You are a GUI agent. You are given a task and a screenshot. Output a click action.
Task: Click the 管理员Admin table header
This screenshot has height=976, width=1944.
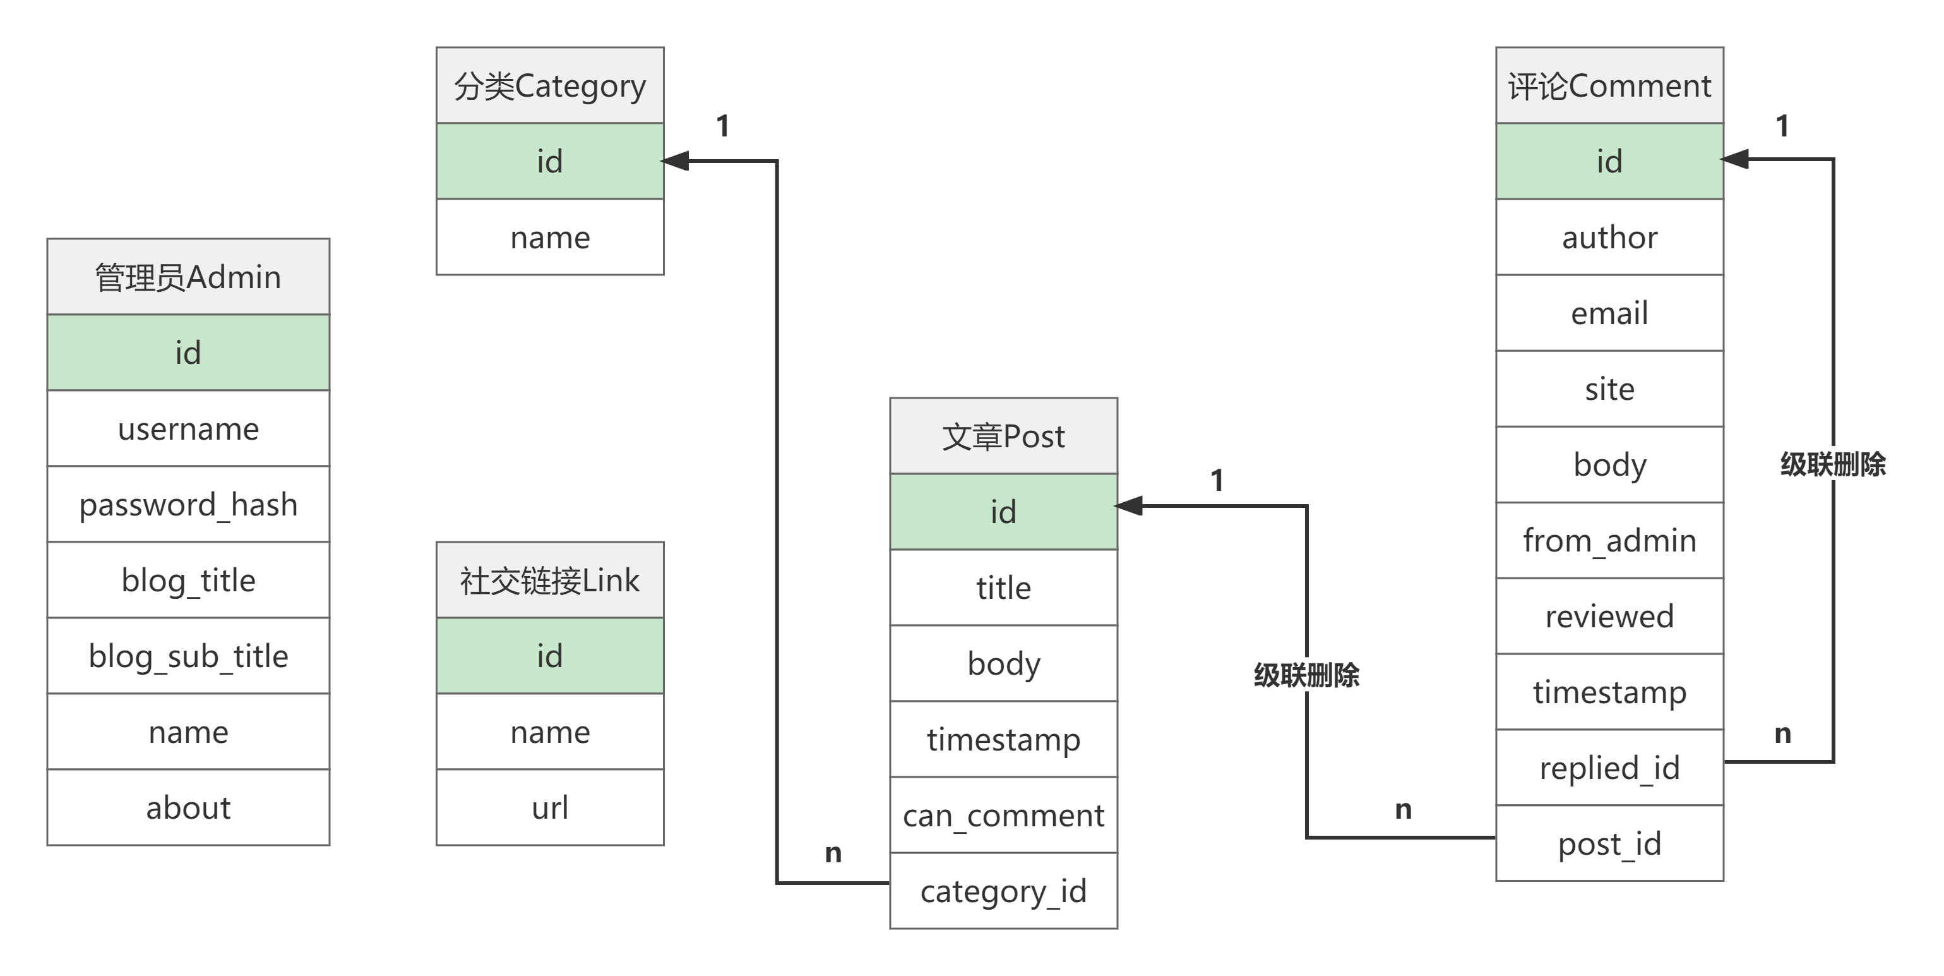click(188, 277)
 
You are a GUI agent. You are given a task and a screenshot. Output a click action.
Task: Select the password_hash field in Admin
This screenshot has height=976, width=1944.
click(188, 504)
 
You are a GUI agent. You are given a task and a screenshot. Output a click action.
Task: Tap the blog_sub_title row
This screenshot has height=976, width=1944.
click(188, 656)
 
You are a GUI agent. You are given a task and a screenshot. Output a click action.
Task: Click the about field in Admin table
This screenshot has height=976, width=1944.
click(188, 808)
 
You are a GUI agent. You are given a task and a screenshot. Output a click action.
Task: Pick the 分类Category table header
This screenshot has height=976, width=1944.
click(549, 86)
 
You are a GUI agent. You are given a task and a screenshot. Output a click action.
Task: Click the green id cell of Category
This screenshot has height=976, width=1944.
click(549, 162)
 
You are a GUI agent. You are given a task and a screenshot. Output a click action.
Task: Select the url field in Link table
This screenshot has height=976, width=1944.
click(549, 808)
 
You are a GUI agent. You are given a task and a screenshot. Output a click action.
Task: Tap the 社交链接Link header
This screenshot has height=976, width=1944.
click(549, 581)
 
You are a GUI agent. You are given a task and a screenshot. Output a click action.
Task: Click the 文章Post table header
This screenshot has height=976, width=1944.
click(1003, 437)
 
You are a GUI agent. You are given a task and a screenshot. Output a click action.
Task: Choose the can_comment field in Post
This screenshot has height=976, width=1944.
click(1003, 815)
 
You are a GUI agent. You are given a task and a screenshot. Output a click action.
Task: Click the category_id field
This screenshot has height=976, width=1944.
click(1003, 891)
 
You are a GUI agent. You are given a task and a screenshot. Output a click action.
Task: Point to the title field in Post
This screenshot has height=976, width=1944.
click(1003, 588)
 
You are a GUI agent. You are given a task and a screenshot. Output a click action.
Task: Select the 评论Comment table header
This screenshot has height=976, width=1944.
click(1609, 86)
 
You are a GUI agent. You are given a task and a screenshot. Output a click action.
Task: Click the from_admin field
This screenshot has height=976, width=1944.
click(1609, 541)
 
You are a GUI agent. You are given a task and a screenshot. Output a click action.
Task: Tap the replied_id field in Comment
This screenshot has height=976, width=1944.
click(1609, 768)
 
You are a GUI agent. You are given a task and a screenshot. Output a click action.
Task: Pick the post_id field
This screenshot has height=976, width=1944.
click(1609, 844)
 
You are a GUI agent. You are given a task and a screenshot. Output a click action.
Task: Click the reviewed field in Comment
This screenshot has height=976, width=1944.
click(1609, 617)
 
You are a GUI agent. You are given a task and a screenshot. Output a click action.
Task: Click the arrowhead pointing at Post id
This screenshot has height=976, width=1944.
click(1130, 506)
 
